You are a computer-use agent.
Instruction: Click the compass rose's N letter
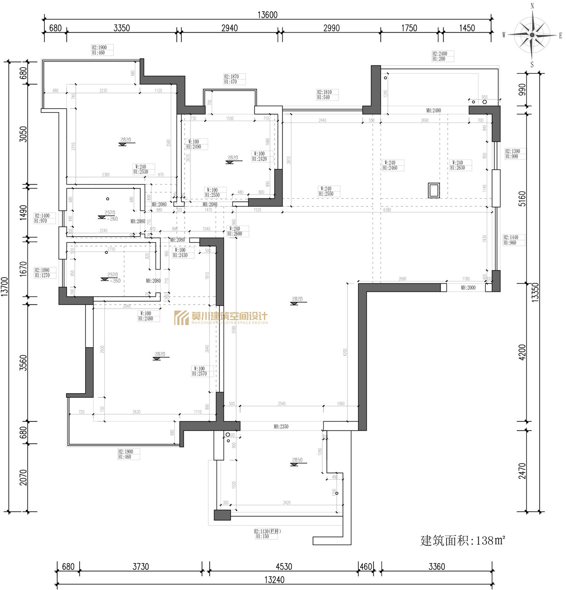tap(532, 6)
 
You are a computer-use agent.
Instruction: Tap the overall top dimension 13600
tap(267, 15)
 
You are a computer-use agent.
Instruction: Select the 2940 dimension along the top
tap(229, 28)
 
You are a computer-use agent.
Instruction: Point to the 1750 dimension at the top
tap(409, 28)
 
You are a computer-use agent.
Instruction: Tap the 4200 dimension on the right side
tap(522, 351)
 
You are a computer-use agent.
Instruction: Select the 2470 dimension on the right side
tap(522, 471)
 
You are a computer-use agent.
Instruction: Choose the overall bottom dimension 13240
tap(274, 580)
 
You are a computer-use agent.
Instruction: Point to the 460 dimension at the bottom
tap(366, 567)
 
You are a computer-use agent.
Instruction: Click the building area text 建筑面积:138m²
tap(463, 540)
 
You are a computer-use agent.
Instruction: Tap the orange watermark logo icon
tap(182, 318)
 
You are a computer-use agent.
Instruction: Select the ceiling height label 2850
tap(297, 461)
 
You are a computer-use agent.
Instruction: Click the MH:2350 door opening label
tap(281, 427)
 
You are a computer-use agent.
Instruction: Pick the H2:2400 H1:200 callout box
tap(442, 56)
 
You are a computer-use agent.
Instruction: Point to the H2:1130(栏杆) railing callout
tap(267, 534)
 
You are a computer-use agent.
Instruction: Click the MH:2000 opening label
tap(468, 287)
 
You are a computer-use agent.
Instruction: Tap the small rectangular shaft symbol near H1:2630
tap(434, 190)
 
